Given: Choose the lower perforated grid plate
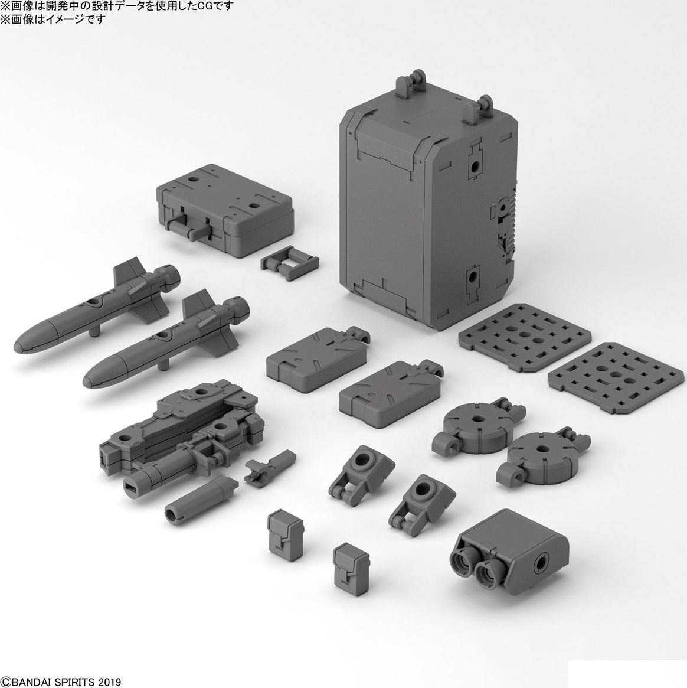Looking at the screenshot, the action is [616, 377].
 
